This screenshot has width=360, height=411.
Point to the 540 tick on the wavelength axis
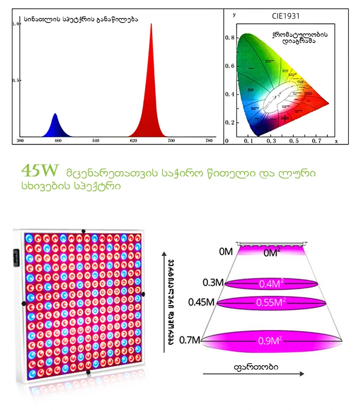96,140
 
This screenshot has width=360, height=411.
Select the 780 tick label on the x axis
209,140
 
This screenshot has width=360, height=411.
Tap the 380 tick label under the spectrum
21,140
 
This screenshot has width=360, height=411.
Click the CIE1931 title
286,16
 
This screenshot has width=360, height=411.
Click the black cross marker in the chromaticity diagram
285,118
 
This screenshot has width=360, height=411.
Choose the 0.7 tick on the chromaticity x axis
317,140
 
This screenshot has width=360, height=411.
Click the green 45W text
40,170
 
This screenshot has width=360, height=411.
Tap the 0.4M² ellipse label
271,283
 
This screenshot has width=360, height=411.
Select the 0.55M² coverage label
271,303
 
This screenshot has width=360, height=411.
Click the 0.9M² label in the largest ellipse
271,340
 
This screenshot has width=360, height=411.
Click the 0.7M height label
190,340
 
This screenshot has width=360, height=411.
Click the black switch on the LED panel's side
15,257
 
